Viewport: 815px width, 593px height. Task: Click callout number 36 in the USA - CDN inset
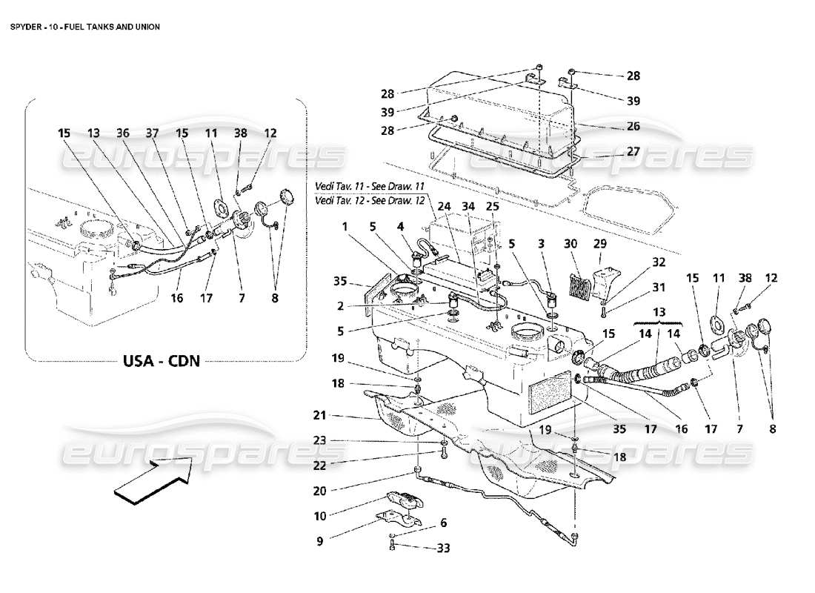click(124, 133)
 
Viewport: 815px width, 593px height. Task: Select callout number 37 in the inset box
click(152, 133)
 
